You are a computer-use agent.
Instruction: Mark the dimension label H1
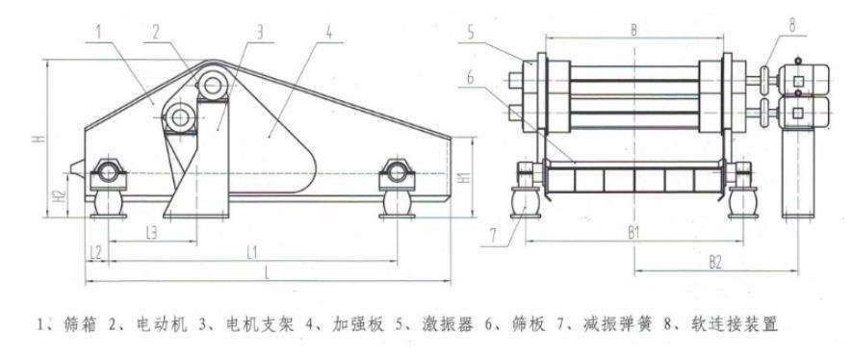(x=465, y=178)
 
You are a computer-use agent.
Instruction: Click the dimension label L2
(x=94, y=251)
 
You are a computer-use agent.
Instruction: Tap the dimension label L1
(x=250, y=251)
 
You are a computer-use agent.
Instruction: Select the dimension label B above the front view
(x=633, y=31)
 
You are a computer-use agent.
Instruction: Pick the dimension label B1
(x=633, y=232)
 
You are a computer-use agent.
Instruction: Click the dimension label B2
(x=715, y=260)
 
